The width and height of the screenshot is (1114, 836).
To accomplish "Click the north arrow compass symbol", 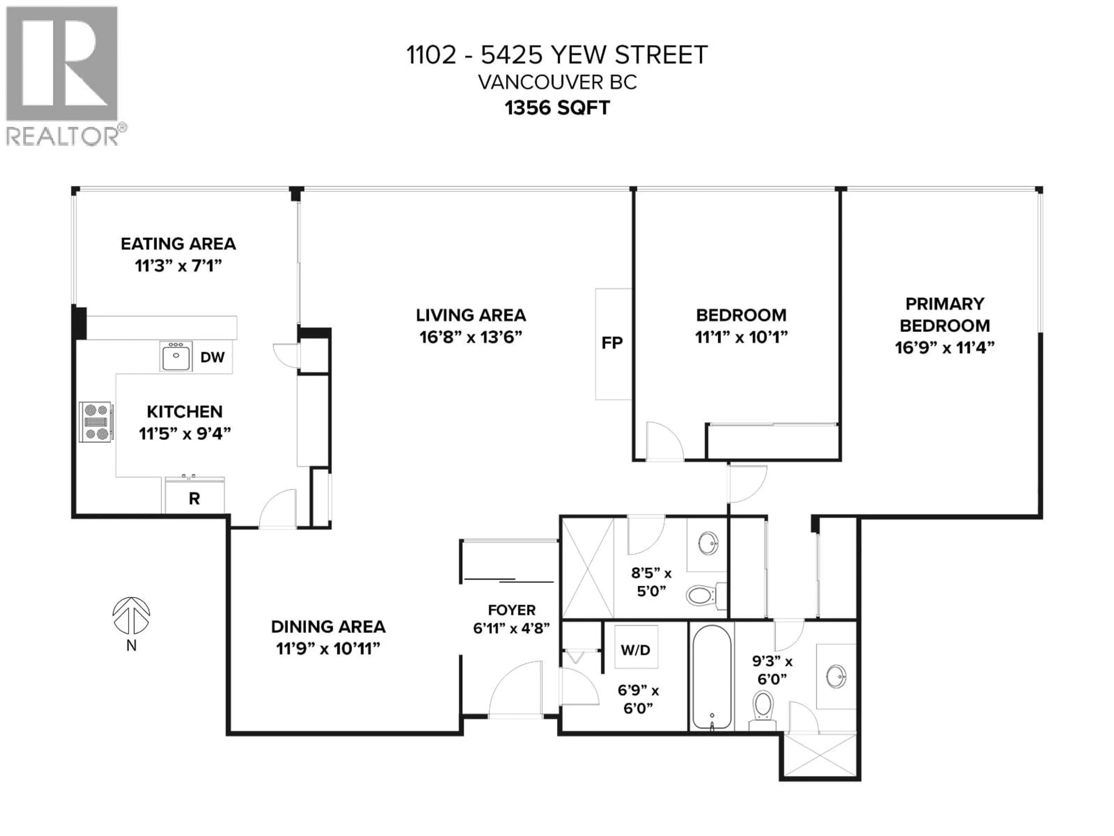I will click(x=131, y=615).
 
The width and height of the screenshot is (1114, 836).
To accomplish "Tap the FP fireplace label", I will click(x=612, y=343).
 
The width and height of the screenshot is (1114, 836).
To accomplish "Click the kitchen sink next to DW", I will click(x=176, y=356).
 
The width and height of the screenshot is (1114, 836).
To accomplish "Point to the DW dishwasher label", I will click(x=212, y=357).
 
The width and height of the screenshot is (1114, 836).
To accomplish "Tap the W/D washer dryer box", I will click(x=636, y=650).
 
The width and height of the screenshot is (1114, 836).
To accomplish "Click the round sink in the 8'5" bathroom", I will click(x=709, y=543).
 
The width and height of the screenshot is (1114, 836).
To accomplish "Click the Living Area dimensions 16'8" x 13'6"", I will click(x=470, y=337).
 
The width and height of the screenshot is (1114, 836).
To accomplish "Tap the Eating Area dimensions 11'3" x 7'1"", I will click(x=178, y=266).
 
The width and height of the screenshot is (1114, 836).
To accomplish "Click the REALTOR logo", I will click(x=62, y=75).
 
